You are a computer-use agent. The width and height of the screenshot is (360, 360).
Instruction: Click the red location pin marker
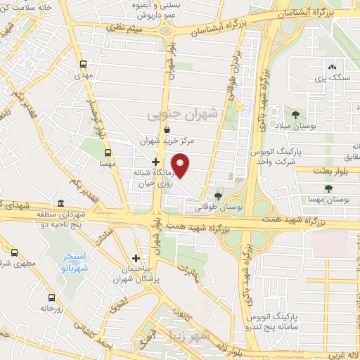(x=181, y=165)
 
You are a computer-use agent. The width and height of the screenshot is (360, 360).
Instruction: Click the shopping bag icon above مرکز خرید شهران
(x=167, y=129)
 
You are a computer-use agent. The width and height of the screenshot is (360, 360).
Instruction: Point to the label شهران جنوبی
(x=184, y=112)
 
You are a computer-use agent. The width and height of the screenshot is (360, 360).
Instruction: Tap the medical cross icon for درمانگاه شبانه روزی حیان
(x=155, y=162)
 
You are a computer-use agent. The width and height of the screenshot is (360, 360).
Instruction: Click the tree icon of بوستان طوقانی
(x=218, y=195)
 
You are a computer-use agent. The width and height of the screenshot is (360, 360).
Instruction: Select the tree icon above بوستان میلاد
(x=294, y=114)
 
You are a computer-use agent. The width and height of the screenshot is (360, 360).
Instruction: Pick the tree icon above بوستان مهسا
(x=328, y=188)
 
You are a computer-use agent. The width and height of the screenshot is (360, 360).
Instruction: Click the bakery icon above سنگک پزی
(x=332, y=67)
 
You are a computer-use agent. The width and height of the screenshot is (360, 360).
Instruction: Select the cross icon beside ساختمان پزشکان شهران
(x=136, y=258)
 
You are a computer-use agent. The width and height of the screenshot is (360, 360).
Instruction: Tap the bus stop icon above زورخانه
(x=51, y=297)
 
